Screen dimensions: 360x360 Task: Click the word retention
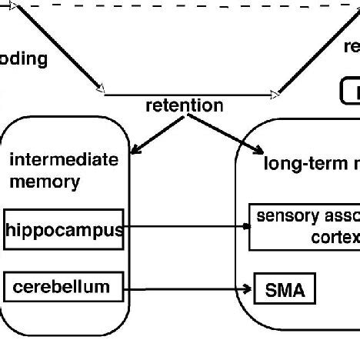(x=185, y=105)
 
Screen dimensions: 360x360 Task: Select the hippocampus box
(x=64, y=228)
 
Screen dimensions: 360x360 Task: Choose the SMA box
(x=285, y=290)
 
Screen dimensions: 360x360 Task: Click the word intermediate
(x=64, y=160)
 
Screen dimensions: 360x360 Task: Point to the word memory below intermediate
(x=44, y=182)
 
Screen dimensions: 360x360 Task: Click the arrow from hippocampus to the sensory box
(x=185, y=227)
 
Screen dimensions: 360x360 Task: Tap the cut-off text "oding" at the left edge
(x=23, y=59)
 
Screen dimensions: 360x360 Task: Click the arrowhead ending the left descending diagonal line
(x=99, y=90)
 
